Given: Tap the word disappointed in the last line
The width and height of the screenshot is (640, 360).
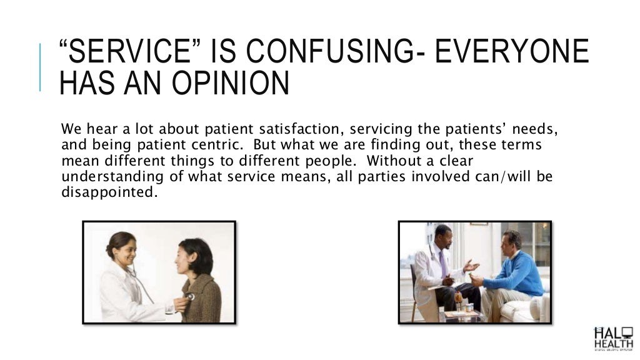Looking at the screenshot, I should click(107, 192).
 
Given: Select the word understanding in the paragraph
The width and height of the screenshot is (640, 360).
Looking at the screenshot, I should click(113, 177).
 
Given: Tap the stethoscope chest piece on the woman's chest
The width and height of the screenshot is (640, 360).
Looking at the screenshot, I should click(190, 296).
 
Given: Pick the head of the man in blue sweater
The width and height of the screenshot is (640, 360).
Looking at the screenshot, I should click(512, 241).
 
